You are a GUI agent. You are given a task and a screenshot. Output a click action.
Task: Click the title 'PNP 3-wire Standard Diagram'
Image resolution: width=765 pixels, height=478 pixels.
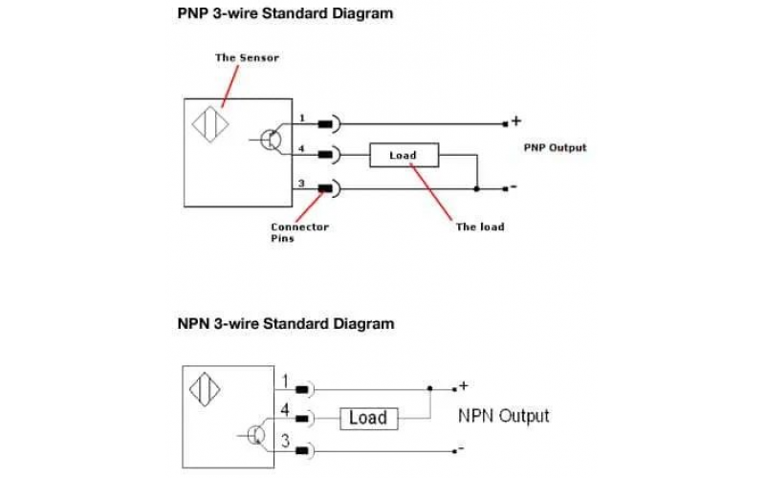coord(285,14)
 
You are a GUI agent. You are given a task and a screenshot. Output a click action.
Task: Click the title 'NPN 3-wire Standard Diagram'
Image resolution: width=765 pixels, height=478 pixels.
coord(285,323)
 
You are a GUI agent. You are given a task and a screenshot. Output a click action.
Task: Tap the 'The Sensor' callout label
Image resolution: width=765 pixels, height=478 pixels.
coord(247,57)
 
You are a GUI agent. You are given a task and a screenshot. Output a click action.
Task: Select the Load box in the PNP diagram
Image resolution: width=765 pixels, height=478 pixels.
coord(403,155)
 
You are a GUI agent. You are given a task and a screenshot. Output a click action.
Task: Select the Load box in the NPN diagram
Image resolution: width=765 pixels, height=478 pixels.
coord(367,418)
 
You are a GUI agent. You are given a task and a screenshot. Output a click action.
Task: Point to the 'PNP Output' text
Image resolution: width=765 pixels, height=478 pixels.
coord(555,148)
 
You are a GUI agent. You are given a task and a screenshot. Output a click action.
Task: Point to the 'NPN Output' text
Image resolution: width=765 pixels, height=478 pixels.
coord(503,416)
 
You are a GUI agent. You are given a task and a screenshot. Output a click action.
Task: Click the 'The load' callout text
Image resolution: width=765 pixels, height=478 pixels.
coord(479,227)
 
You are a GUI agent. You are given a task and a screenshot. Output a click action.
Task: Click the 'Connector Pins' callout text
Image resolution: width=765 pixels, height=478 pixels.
coord(299,232)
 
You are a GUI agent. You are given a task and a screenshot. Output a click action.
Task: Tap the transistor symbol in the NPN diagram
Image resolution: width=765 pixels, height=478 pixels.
coord(255,435)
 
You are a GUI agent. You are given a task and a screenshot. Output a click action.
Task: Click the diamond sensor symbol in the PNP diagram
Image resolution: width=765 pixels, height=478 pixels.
coord(209,126)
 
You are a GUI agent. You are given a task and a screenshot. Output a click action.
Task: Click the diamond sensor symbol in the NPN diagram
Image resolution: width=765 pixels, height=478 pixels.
coord(206,392)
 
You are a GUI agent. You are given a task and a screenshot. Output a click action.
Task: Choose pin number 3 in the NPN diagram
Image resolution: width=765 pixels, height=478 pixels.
coord(284,441)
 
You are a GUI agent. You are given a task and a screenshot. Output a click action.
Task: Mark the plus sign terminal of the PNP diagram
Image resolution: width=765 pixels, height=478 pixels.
coord(516,121)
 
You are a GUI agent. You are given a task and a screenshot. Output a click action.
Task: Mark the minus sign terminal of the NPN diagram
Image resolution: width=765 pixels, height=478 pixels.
coord(462,448)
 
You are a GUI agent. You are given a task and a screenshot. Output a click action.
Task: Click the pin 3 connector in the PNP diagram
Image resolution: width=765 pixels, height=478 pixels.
coord(328,188)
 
